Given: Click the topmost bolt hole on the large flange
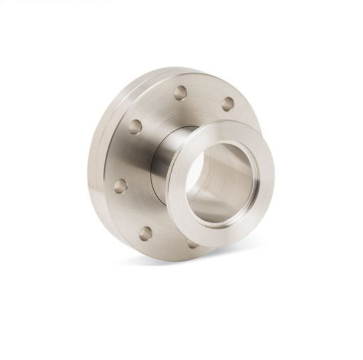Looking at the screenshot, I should coord(180,93).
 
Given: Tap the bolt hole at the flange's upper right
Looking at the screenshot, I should coord(228,104).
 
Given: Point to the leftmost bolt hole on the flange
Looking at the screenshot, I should coord(120,185).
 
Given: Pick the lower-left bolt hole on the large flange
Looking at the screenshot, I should coord(145,233).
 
